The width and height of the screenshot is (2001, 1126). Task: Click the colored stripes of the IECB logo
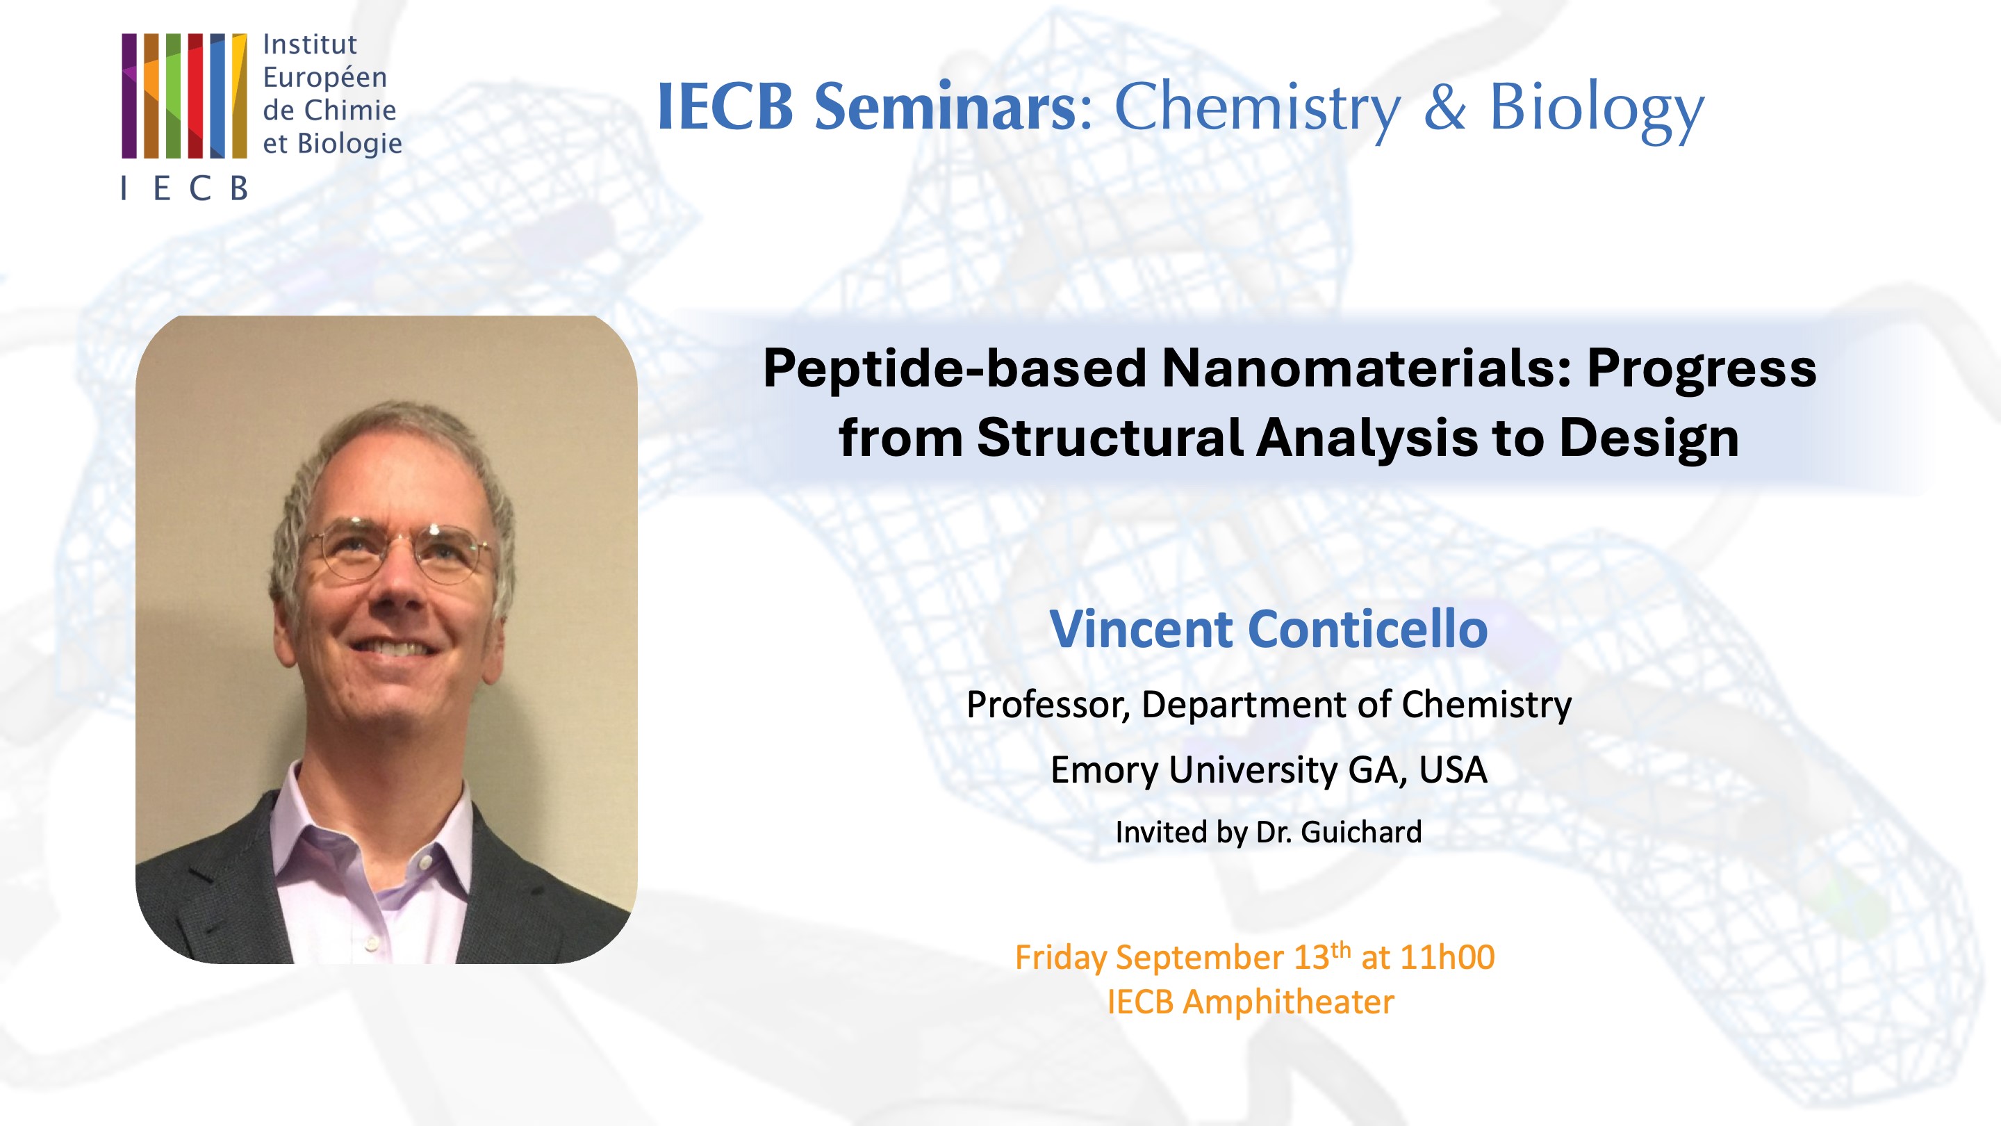pyautogui.click(x=184, y=96)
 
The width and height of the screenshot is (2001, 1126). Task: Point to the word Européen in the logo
pyautogui.click(x=324, y=78)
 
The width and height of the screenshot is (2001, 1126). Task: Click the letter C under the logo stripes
pyautogui.click(x=199, y=189)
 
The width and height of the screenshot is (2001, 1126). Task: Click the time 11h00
pyautogui.click(x=1447, y=957)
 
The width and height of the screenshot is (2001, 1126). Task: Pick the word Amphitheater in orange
pyautogui.click(x=1288, y=1002)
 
